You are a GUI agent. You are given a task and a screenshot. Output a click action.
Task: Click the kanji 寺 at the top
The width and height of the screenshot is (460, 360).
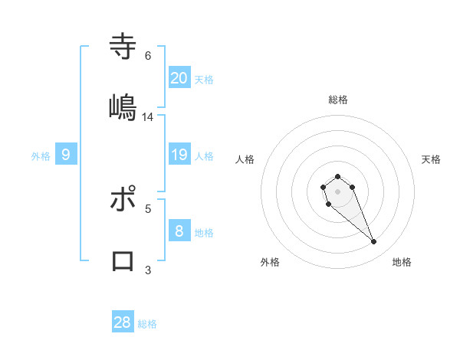(x=123, y=46)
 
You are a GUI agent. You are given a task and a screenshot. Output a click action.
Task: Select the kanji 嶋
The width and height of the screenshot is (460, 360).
(x=123, y=107)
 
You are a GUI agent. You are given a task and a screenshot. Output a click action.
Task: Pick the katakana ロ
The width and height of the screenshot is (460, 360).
(x=123, y=260)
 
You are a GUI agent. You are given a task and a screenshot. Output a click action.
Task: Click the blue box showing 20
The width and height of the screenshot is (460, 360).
(x=179, y=77)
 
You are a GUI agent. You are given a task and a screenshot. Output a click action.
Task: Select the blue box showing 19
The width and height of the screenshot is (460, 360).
(x=179, y=155)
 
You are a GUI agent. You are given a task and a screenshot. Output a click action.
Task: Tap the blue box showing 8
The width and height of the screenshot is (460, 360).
(x=179, y=231)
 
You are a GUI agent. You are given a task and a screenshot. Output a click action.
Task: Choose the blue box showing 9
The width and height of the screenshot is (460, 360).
(x=66, y=155)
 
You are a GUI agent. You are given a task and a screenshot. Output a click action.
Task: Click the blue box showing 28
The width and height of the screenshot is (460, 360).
(x=123, y=322)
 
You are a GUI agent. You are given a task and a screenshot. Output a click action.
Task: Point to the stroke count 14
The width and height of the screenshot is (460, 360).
(x=148, y=117)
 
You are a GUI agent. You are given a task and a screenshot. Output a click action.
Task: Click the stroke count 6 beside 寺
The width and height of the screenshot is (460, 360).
(x=148, y=56)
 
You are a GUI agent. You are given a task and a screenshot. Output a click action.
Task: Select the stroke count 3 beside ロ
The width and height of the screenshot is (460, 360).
(x=148, y=270)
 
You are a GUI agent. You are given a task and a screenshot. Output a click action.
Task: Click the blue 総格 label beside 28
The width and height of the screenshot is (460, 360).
(x=147, y=324)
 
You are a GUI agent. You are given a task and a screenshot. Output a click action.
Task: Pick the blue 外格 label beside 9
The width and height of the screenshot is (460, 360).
(x=41, y=156)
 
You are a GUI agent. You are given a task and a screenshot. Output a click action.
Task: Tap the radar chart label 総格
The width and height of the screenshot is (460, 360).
(x=338, y=100)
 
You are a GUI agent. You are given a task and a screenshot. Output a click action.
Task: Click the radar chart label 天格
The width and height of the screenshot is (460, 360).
(x=432, y=159)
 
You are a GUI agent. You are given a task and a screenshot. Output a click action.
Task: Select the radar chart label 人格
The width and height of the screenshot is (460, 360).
(x=245, y=159)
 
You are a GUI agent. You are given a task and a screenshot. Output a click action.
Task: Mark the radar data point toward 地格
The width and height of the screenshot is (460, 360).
(x=374, y=242)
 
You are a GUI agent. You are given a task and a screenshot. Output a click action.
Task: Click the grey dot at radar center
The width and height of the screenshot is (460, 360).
(x=337, y=191)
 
